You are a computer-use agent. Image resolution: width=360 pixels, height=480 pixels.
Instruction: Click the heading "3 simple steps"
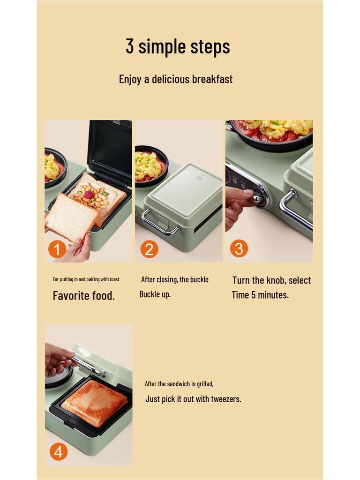coord(178,46)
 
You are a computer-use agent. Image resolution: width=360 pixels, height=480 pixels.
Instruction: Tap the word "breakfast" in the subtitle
coord(211,79)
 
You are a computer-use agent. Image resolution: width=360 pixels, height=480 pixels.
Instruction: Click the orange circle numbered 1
coord(57,250)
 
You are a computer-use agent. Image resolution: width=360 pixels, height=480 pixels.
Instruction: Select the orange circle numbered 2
coord(149,249)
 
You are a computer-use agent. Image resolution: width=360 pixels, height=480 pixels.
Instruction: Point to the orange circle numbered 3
coord(239,249)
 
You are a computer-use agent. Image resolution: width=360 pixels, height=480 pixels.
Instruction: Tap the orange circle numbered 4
coord(58,452)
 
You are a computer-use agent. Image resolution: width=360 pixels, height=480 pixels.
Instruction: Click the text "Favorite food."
coord(83,296)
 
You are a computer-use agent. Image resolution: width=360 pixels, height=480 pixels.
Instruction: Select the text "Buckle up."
coord(155,294)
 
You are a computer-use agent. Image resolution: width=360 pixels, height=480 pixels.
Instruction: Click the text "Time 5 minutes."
coord(260,295)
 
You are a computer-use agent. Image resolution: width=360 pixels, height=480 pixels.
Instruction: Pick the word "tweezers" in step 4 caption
coord(225,399)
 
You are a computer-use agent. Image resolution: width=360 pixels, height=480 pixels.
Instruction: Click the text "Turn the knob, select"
coord(271,280)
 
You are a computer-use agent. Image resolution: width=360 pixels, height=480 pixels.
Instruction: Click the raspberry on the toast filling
coord(88,195)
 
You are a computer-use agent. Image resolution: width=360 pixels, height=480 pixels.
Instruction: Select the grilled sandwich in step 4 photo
coord(94,402)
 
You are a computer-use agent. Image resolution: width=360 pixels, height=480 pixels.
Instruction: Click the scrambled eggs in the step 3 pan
coord(277,127)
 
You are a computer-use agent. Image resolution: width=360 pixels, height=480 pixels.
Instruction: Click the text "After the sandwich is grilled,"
coord(179,384)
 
